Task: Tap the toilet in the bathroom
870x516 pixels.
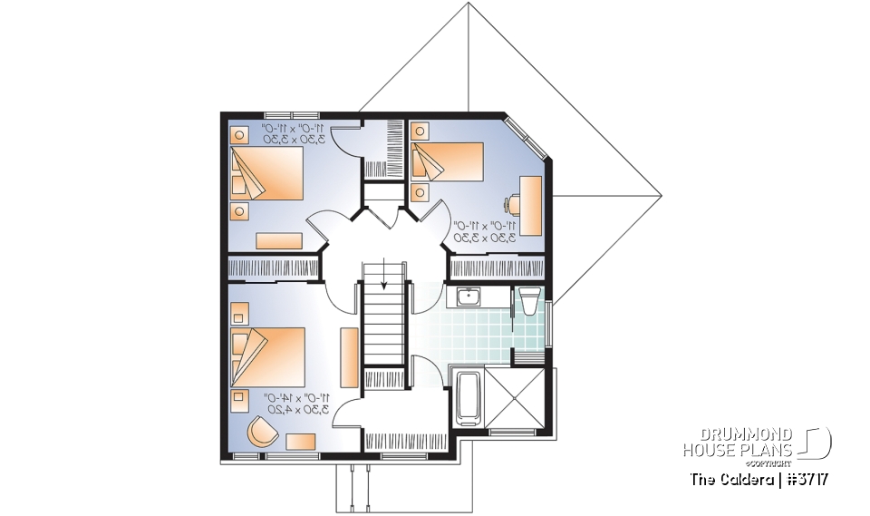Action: [x=528, y=301]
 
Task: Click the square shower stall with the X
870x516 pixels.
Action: [x=517, y=398]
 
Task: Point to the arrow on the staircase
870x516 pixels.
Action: [x=384, y=273]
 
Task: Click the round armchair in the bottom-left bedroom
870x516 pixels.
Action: [x=261, y=432]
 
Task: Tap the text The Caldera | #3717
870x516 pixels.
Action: [x=759, y=478]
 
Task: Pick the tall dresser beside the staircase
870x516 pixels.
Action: [x=348, y=356]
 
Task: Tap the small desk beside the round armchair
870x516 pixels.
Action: [x=301, y=441]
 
